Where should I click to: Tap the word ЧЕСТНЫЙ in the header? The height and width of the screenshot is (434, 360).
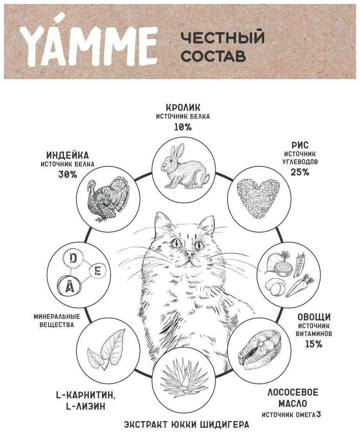click(222, 38)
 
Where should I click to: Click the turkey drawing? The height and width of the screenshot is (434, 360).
click(108, 198)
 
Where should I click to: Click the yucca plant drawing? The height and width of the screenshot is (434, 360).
click(184, 378)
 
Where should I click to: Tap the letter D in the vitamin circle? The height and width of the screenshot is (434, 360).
click(73, 258)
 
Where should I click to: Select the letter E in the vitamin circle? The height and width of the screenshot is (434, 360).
click(97, 271)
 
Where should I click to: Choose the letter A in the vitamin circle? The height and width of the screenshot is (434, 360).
click(69, 287)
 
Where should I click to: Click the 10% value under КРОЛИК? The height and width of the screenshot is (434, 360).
click(183, 127)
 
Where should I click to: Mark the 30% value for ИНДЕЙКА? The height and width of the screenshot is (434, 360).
click(67, 174)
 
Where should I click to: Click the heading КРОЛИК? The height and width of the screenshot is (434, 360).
click(183, 107)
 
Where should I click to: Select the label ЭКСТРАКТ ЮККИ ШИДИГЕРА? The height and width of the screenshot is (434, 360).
click(186, 425)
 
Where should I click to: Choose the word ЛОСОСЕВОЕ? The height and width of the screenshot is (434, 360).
click(293, 392)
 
